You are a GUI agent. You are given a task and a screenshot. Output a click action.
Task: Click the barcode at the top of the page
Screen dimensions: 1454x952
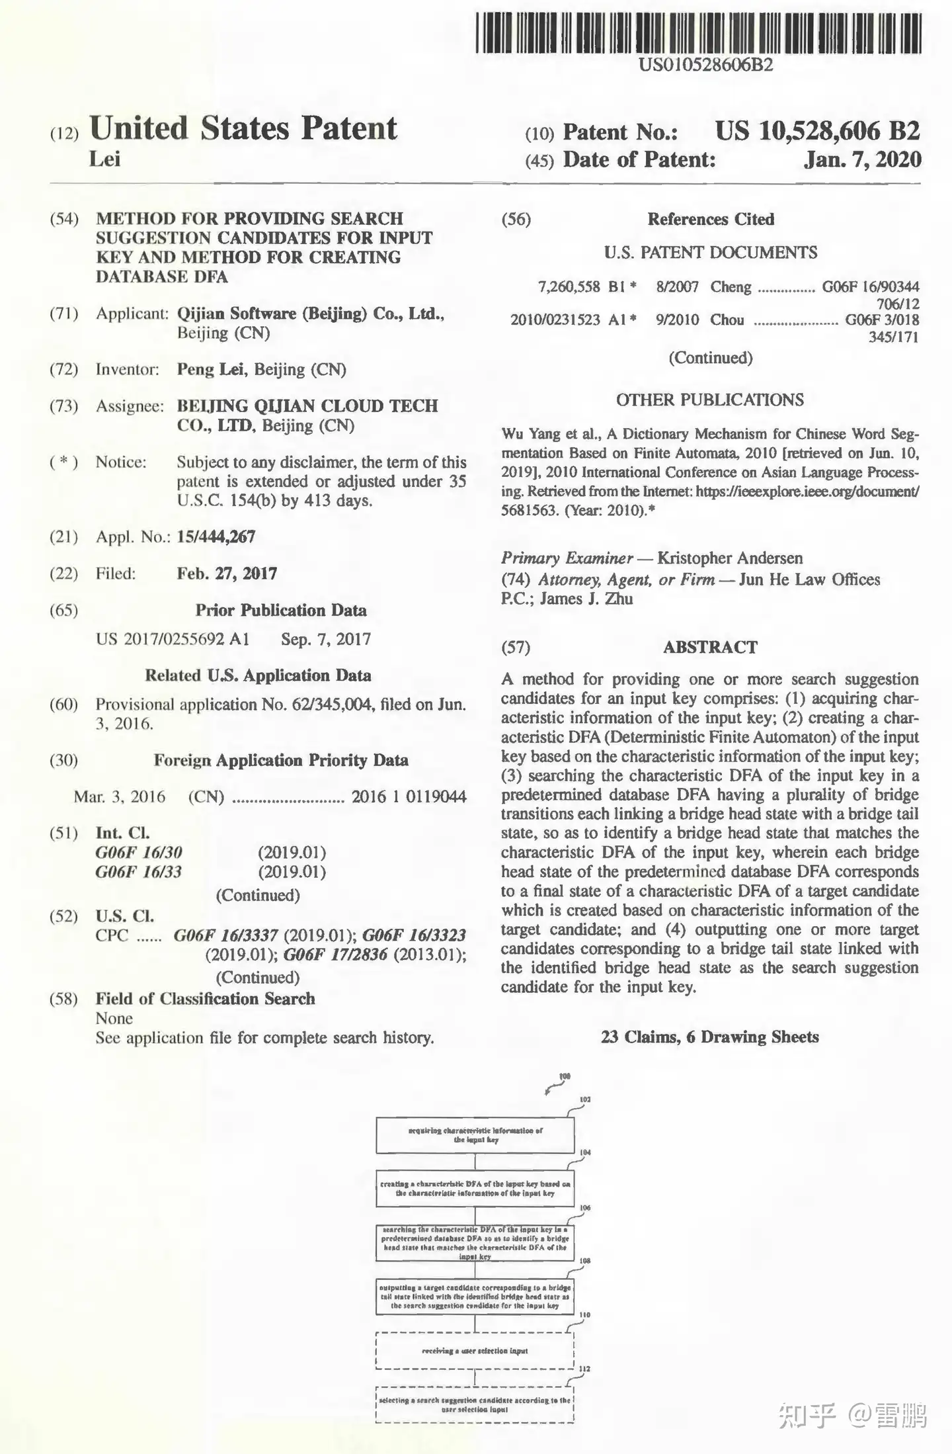698,33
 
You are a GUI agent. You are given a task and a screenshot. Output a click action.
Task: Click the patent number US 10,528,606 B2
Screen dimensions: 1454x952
817,131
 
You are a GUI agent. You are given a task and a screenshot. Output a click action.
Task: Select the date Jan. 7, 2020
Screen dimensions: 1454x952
862,159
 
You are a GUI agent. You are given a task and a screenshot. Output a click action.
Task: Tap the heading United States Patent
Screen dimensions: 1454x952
243,128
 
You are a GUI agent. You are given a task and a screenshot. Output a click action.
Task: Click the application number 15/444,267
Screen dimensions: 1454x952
216,536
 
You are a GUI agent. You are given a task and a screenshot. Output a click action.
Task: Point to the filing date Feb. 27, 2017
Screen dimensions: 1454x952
227,573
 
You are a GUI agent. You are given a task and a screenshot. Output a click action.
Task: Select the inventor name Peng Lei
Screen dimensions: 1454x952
211,369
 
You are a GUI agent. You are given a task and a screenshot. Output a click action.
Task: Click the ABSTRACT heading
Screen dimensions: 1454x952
710,647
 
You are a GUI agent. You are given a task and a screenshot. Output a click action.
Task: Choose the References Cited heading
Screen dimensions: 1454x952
711,219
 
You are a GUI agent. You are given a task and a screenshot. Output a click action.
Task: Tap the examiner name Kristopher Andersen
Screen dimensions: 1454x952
730,558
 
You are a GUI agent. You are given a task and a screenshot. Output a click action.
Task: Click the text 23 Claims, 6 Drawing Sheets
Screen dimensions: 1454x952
709,1037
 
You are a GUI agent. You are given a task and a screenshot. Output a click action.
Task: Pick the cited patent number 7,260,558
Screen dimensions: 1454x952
569,286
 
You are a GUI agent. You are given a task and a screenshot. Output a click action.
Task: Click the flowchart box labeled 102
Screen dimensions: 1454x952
475,1135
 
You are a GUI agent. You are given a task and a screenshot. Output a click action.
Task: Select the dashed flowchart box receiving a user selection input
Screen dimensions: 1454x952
475,1351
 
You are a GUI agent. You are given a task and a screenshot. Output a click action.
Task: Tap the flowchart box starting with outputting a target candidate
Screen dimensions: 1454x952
475,1297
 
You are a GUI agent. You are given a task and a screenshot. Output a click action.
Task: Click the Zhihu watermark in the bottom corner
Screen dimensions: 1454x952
853,1416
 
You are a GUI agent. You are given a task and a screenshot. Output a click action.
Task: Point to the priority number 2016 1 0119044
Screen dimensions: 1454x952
409,796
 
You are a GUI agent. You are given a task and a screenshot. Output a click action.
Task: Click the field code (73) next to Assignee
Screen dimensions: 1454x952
63,406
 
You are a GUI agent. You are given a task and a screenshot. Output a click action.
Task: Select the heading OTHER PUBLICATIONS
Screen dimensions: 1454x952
709,400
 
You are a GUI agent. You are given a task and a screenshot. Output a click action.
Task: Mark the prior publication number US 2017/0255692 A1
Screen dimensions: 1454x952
173,639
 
